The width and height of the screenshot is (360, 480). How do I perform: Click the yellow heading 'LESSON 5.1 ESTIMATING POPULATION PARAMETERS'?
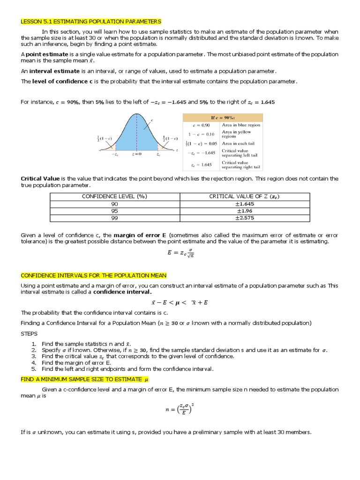tap(91, 22)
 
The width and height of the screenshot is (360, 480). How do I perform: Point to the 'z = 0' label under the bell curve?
tap(137, 154)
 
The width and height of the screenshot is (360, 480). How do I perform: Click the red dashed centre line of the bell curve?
tap(137, 131)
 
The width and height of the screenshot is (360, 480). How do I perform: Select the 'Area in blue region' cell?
tap(241, 125)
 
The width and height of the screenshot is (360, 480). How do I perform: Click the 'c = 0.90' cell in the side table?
tap(202, 125)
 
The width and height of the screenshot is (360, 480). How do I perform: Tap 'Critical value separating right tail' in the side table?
tap(241, 165)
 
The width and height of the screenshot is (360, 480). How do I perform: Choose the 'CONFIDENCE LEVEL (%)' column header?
tap(107, 197)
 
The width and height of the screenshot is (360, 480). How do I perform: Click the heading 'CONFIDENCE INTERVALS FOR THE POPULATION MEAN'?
tap(93, 275)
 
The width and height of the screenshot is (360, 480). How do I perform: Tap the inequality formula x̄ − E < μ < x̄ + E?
tap(180, 302)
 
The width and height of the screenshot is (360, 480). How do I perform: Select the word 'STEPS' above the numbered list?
tap(29, 334)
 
